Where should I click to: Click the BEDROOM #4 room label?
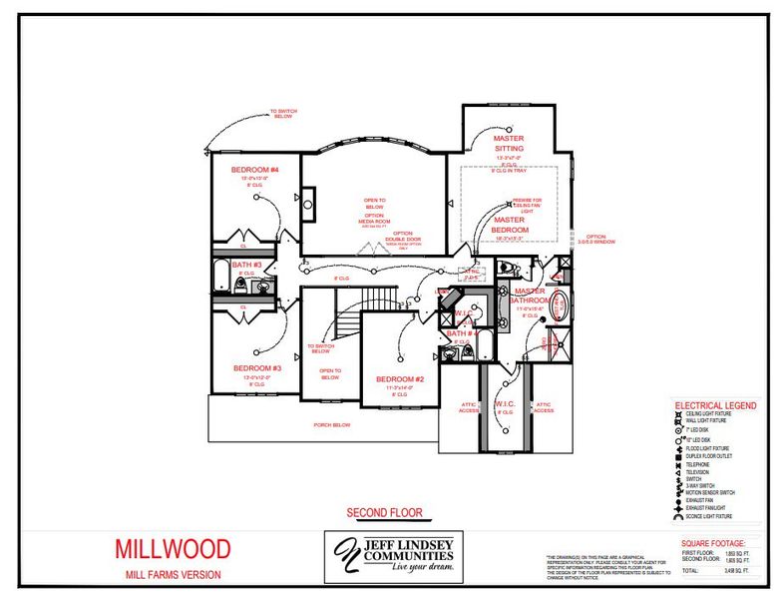(x=254, y=170)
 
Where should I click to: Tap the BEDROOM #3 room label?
(x=256, y=367)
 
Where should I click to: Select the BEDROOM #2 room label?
(x=400, y=379)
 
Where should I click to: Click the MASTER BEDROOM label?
(x=509, y=225)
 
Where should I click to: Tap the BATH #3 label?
(x=246, y=266)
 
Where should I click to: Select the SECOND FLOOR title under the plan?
(x=384, y=513)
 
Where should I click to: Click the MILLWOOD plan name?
(x=172, y=548)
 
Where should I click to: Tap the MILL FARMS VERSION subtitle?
(x=173, y=574)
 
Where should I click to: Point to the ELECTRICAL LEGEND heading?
(x=715, y=406)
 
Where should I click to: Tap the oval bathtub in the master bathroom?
(x=559, y=302)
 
